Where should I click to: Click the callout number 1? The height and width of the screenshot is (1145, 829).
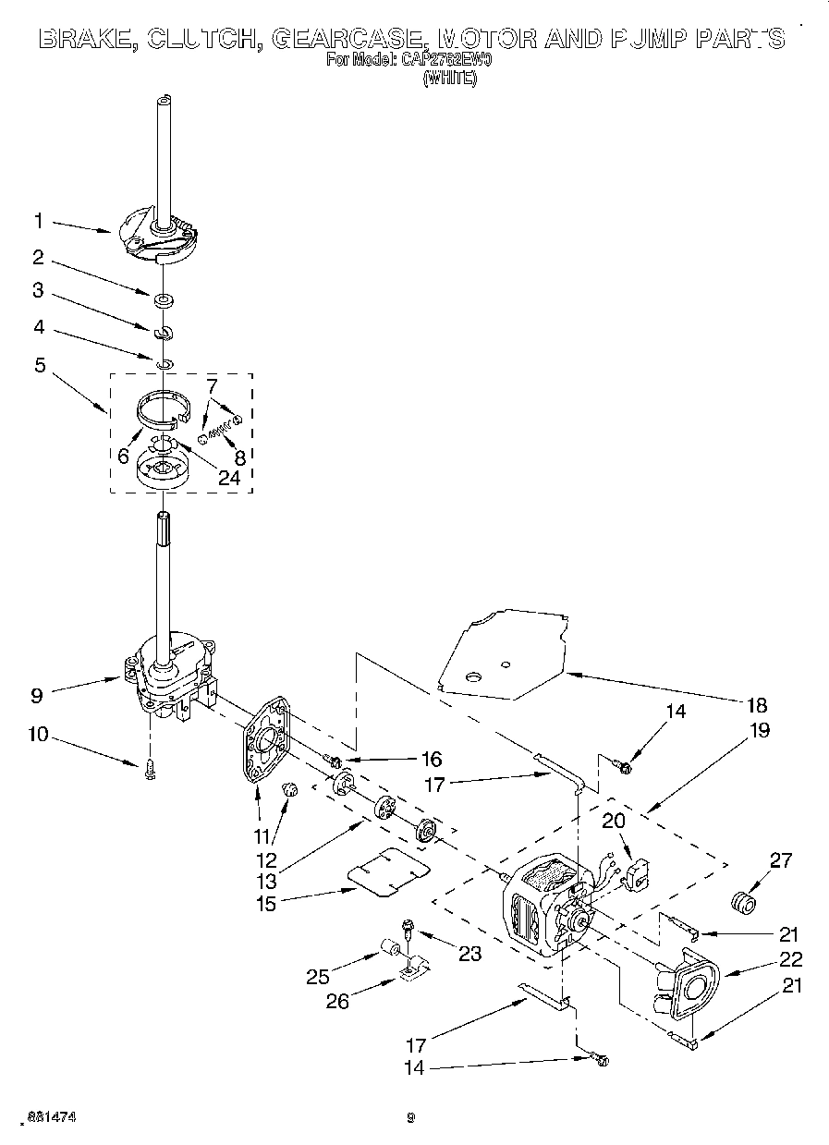point(38,221)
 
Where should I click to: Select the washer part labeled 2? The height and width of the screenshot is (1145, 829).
point(164,299)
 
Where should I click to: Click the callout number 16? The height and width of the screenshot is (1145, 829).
point(431,759)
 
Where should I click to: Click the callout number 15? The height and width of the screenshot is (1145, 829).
point(266,904)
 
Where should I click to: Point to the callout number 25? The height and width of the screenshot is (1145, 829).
point(319,975)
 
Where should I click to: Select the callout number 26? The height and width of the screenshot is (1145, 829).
point(337,1000)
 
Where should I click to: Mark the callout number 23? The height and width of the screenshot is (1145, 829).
point(469,954)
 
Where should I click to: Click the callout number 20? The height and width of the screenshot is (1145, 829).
point(614,820)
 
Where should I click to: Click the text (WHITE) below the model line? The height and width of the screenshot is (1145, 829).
point(450,79)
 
